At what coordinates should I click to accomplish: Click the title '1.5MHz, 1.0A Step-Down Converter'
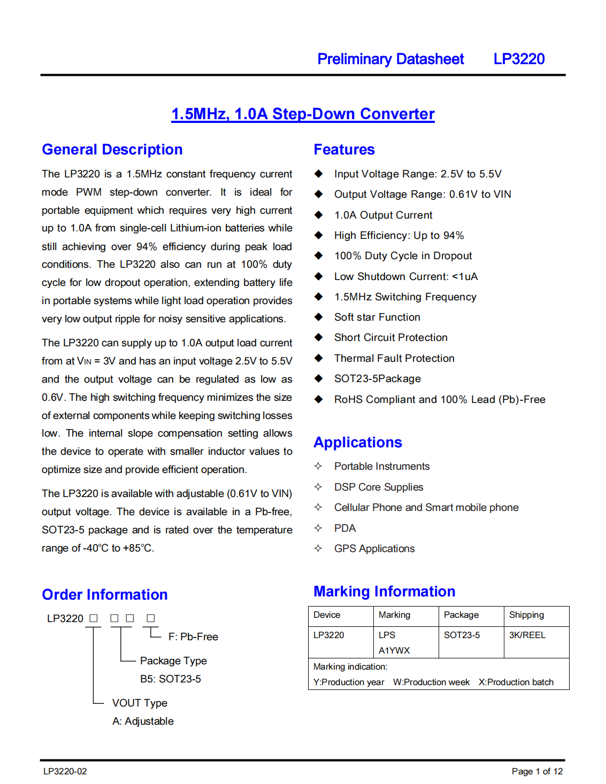point(303,114)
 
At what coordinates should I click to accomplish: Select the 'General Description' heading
point(112,150)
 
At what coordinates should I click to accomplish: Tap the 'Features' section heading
point(344,150)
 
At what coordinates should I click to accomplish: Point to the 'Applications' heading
point(357,443)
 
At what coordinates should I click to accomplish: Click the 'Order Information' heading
point(105,595)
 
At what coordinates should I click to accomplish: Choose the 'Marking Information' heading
point(384,592)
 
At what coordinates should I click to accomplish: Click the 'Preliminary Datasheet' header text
point(390,59)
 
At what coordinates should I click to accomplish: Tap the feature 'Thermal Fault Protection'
point(394,358)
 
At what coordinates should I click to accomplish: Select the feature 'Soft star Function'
point(377,317)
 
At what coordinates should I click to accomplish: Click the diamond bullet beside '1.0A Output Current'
point(319,215)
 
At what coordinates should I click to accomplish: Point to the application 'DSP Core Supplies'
point(379,487)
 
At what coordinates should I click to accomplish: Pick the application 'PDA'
point(345,528)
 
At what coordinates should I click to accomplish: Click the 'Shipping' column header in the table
point(526,615)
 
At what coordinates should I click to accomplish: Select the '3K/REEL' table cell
point(527,635)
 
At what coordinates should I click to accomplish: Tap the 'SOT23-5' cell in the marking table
point(462,635)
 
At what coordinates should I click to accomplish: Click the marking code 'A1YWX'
point(394,650)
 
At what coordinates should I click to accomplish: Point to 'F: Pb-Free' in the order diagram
point(193,636)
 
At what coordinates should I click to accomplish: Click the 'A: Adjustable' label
point(143,721)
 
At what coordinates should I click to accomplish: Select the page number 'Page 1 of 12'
point(537,771)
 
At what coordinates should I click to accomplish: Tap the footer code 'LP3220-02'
point(65,771)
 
